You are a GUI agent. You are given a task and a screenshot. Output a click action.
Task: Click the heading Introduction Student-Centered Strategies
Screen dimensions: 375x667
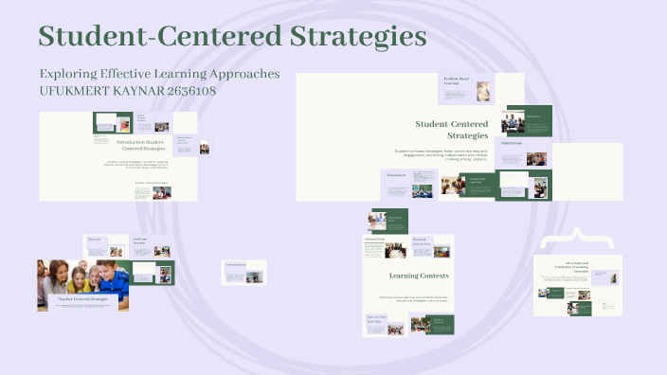[x=140, y=145]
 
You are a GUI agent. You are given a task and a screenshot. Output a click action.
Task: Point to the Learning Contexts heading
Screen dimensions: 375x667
[x=419, y=276]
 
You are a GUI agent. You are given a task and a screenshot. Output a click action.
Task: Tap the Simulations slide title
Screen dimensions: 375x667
[x=512, y=144]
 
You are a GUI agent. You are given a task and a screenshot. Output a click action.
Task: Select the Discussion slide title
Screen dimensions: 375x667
[x=396, y=174]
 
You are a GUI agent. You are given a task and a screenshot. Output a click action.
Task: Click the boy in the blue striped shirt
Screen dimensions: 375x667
[x=115, y=277]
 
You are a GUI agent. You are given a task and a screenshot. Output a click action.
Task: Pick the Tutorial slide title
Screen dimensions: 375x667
[x=94, y=240]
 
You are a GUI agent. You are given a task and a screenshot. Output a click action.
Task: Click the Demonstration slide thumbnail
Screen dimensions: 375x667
[x=244, y=272]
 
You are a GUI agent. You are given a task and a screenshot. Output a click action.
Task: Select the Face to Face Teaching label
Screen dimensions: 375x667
[x=376, y=320]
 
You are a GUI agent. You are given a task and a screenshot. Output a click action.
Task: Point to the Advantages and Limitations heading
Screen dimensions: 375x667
[x=578, y=266]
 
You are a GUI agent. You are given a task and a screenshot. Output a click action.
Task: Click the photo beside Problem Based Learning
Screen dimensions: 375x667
[x=483, y=91]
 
